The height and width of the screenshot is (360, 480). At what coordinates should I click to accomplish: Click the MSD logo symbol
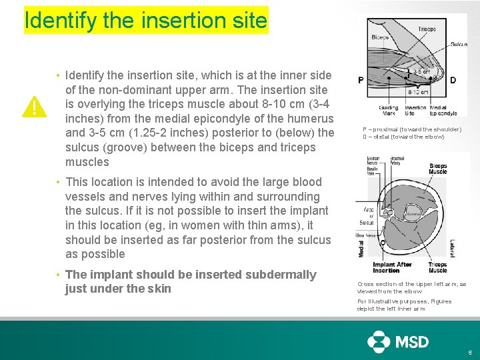379,342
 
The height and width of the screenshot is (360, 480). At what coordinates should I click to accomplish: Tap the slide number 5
469,352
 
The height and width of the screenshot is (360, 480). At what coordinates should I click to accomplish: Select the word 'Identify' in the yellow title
61,21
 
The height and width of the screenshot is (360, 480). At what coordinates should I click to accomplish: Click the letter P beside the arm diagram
361,81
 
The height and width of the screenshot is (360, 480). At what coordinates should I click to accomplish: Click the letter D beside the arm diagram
453,81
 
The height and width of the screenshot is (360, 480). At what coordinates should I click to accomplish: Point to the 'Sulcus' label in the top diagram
458,44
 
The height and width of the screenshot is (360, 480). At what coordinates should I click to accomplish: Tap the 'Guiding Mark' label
389,110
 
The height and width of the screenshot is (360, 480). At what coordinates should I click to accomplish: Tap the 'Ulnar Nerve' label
367,235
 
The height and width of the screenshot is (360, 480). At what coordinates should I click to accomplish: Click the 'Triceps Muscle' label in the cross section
438,267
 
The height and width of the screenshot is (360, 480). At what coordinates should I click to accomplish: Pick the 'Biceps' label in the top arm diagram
381,37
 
